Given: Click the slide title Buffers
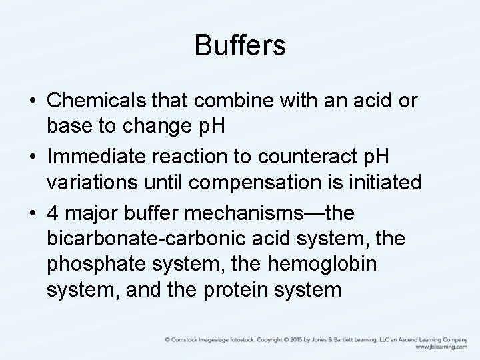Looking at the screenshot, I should pyautogui.click(x=240, y=46).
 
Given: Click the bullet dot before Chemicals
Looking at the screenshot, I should pyautogui.click(x=33, y=103).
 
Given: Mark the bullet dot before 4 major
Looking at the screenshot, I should pyautogui.click(x=33, y=214).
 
